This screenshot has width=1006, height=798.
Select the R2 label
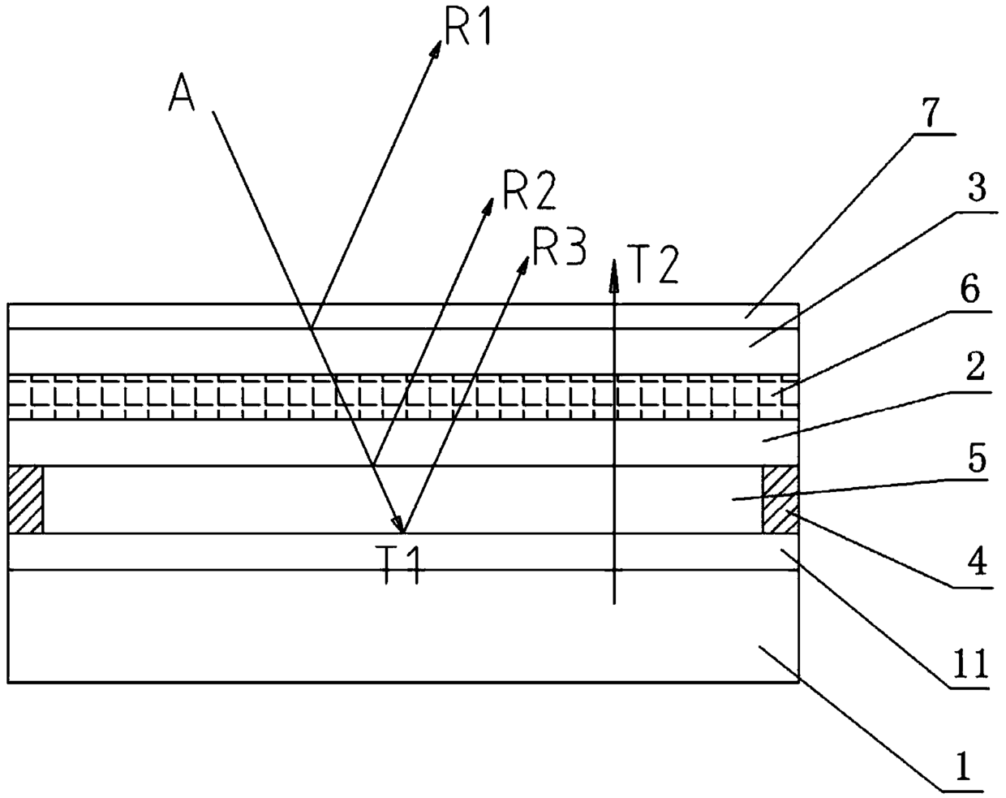[529, 191]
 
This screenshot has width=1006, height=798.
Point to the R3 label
[558, 247]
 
